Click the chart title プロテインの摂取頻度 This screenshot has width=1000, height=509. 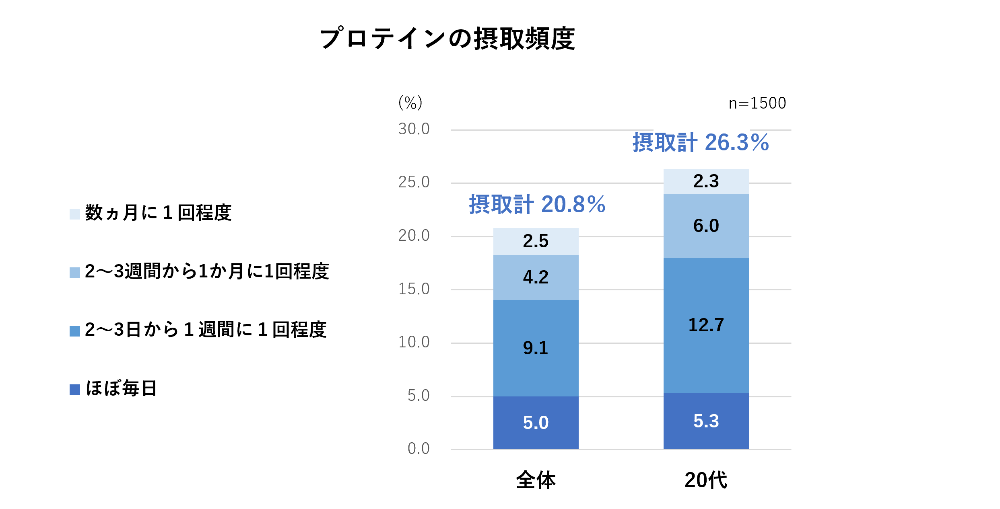click(x=447, y=39)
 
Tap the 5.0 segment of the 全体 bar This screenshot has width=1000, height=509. click(x=536, y=423)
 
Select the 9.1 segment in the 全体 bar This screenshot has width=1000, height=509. click(x=536, y=348)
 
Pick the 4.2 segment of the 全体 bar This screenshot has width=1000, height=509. click(x=536, y=277)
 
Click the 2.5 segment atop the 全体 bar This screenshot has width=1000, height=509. click(x=536, y=241)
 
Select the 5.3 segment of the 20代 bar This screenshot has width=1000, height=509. click(x=706, y=421)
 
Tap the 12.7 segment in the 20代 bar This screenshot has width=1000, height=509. click(x=706, y=325)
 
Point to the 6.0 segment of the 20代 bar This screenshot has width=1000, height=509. click(x=706, y=226)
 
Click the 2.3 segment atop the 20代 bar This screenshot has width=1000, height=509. click(x=706, y=181)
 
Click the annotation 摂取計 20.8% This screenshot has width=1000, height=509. click(x=537, y=204)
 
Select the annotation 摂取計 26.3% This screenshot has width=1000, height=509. click(x=700, y=142)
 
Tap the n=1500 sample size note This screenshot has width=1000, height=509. click(x=757, y=103)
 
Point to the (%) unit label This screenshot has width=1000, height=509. click(x=410, y=103)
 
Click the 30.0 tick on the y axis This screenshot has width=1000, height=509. click(x=414, y=129)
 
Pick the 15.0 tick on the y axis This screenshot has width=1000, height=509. click(x=414, y=289)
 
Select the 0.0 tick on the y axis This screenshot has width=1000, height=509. click(x=418, y=449)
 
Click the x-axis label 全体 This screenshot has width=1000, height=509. click(x=536, y=480)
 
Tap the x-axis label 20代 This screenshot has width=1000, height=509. click(x=706, y=480)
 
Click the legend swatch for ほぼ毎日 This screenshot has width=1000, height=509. click(x=75, y=390)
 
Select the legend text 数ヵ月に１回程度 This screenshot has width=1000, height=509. click(x=158, y=213)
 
